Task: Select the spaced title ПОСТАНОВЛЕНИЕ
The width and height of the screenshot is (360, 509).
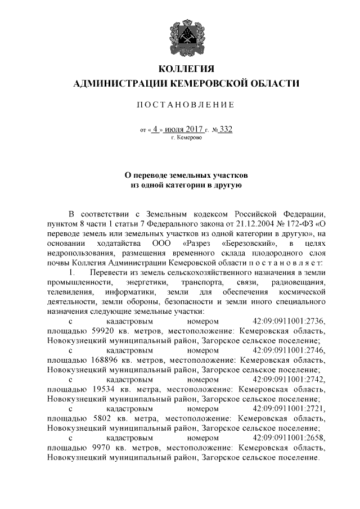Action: [x=186, y=105]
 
